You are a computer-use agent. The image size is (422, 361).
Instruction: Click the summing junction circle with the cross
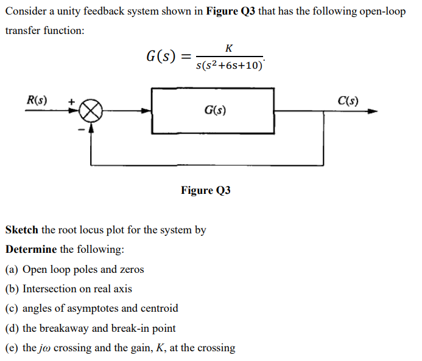tap(91, 111)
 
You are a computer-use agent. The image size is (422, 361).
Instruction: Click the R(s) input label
tap(38, 99)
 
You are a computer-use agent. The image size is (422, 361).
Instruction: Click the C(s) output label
tap(348, 100)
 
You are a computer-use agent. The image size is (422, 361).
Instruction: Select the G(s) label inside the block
tap(216, 111)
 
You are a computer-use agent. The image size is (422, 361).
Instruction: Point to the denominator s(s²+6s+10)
tap(230, 64)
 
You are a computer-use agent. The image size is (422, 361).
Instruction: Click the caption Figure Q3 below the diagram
tap(205, 190)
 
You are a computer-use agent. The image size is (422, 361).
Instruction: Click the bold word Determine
tap(31, 250)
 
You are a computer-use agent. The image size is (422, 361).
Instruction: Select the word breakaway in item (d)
tap(65, 328)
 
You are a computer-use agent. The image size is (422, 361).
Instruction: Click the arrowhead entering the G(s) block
tap(147, 111)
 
